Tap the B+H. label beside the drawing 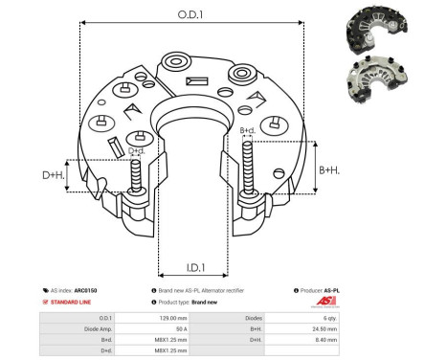pyautogui.click(x=329, y=169)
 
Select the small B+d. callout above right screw pyautogui.click(x=247, y=129)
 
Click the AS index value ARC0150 pyautogui.click(x=86, y=290)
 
